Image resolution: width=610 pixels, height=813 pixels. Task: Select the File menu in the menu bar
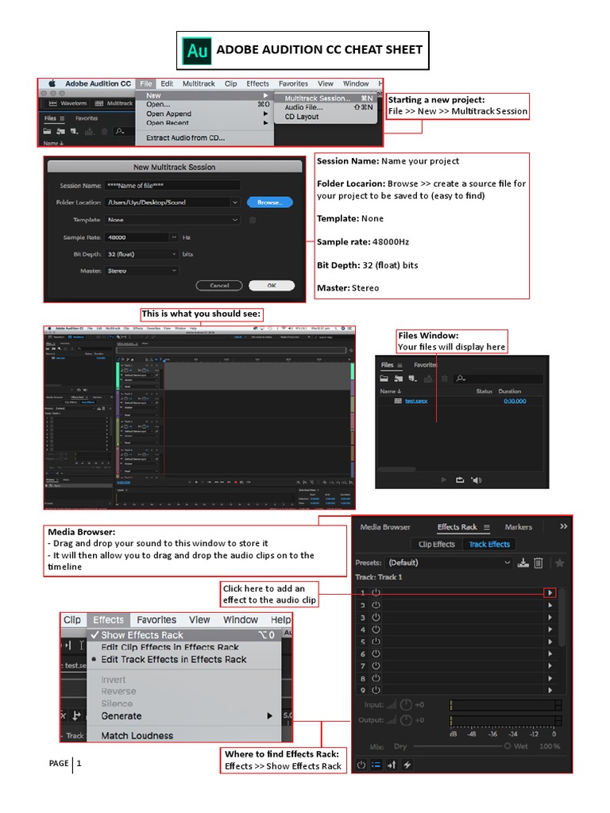(x=145, y=83)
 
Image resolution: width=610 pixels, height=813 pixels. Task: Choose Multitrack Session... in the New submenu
(x=317, y=98)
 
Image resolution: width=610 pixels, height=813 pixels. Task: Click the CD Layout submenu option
(x=302, y=117)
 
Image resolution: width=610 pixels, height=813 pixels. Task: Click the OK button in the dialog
(x=271, y=285)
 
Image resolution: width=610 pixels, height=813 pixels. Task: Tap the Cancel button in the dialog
(x=219, y=285)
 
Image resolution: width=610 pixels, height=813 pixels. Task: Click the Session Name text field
(x=172, y=186)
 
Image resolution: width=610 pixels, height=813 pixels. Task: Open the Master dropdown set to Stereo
(x=141, y=271)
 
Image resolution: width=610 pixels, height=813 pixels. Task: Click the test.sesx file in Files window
(x=415, y=401)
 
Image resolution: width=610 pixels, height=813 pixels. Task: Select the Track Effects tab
(x=489, y=544)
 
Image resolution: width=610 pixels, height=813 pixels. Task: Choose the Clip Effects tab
(x=437, y=544)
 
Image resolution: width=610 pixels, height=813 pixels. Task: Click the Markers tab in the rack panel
(x=519, y=526)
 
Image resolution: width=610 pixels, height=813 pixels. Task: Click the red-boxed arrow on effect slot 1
(x=550, y=592)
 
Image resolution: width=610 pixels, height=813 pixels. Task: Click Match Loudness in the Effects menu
(x=137, y=736)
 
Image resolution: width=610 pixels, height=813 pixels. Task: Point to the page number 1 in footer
(x=79, y=764)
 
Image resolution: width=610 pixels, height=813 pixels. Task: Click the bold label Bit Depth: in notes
(x=338, y=265)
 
